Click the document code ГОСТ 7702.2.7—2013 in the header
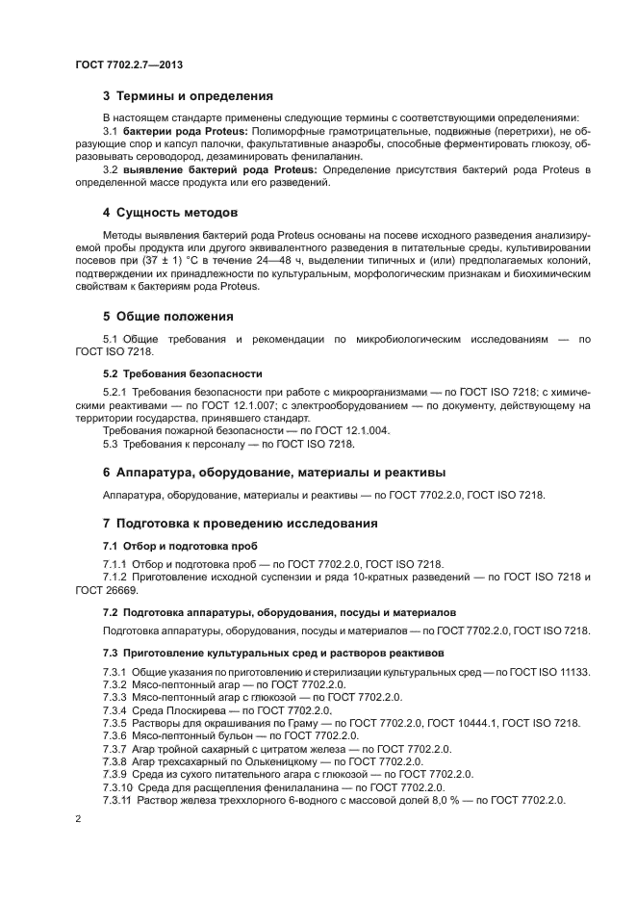(x=129, y=65)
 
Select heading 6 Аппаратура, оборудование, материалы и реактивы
(x=273, y=473)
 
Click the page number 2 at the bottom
(x=78, y=818)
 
